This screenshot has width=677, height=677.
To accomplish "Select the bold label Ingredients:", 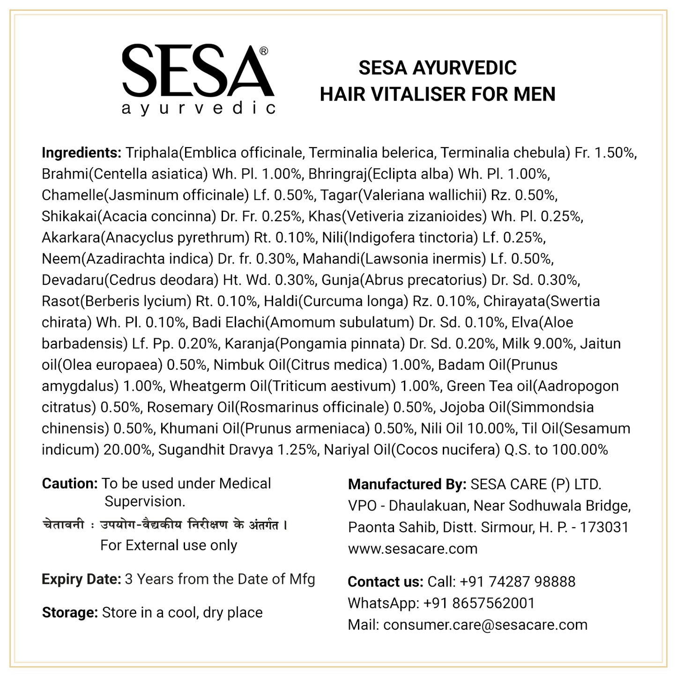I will pos(82,153).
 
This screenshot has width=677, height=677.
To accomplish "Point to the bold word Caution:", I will pos(70,484).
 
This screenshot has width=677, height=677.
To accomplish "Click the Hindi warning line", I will pos(164,525).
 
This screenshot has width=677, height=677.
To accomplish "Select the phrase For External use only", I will pos(169,545).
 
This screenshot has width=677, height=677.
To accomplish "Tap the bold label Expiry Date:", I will pos(82,579).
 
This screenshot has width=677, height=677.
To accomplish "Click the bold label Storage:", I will pos(70,612).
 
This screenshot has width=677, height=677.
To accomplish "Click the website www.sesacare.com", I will pos(412,549).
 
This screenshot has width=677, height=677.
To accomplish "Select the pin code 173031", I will pos(604,527).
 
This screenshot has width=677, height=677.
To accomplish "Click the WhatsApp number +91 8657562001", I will pos(479,603).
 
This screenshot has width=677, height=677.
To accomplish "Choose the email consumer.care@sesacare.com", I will pos(485,625).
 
